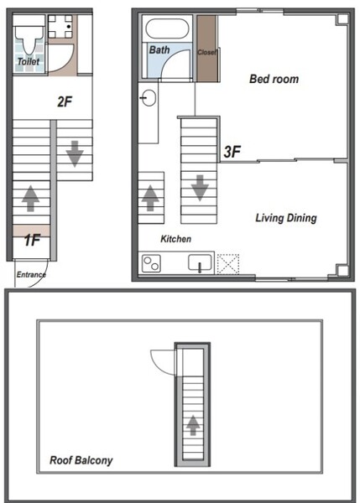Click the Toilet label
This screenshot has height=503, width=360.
29,61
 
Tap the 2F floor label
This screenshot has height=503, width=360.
65,101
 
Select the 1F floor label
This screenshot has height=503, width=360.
32,240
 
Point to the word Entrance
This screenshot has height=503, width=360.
31,275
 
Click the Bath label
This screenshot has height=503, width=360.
159,49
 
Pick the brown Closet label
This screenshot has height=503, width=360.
207,52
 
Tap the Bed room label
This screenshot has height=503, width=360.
274,79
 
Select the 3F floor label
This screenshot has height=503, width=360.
232,152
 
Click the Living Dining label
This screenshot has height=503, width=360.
286,218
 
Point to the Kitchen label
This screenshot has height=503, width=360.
175,239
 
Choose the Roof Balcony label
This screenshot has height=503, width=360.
81,460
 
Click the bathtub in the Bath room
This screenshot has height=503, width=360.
167,29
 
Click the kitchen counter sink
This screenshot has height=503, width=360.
200,262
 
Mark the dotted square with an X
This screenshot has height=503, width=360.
228,264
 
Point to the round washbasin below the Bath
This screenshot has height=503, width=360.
149,97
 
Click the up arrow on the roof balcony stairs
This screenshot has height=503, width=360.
193,425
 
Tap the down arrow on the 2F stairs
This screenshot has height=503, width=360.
75,153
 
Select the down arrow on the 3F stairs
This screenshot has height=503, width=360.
200,188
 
